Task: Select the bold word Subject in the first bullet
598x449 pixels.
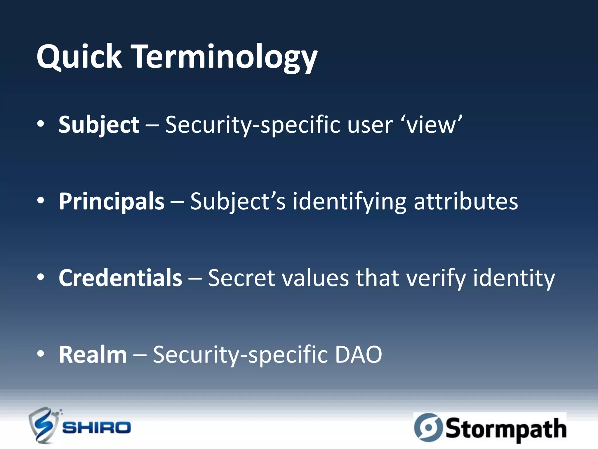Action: click(x=99, y=125)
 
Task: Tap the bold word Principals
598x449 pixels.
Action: click(x=112, y=201)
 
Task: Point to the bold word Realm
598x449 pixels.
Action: click(x=93, y=355)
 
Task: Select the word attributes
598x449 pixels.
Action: click(x=466, y=201)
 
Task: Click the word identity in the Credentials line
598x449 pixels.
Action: click(x=514, y=278)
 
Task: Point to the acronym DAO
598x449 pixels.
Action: click(x=358, y=355)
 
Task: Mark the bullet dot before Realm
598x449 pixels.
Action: click(x=41, y=354)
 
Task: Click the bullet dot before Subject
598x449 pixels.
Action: click(x=41, y=124)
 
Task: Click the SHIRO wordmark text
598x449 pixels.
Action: click(x=97, y=428)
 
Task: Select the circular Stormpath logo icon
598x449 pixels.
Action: click(x=428, y=427)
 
